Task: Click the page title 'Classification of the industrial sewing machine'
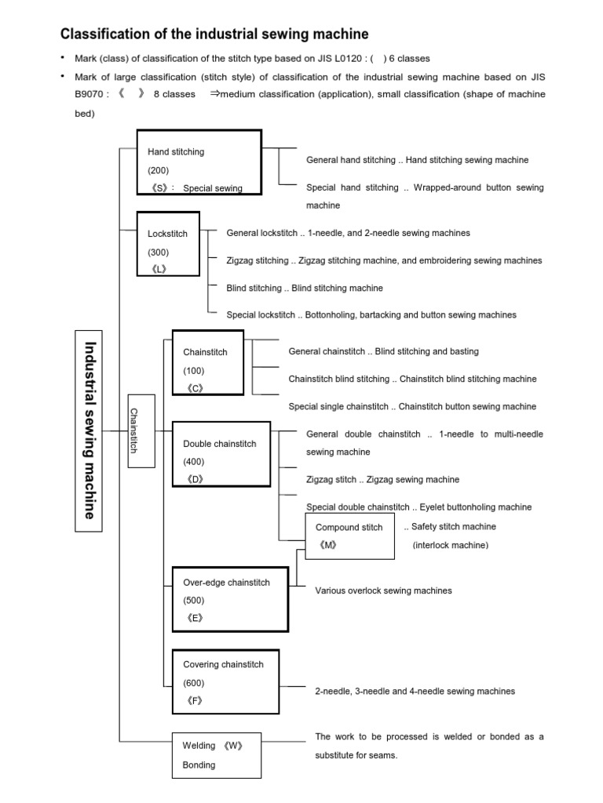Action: pyautogui.click(x=214, y=34)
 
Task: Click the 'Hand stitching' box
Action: pyautogui.click(x=198, y=161)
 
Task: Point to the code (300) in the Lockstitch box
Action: pyautogui.click(x=158, y=252)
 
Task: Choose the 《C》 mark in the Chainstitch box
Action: pyautogui.click(x=196, y=388)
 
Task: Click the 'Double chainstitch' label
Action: pyautogui.click(x=219, y=444)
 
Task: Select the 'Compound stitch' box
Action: pyautogui.click(x=349, y=536)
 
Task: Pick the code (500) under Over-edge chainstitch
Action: pyautogui.click(x=195, y=600)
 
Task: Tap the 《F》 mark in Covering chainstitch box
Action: pyautogui.click(x=195, y=700)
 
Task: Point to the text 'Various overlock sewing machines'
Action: pyautogui.click(x=383, y=590)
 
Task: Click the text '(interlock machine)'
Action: pyautogui.click(x=450, y=545)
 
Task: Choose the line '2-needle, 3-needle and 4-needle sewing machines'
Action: pyautogui.click(x=415, y=691)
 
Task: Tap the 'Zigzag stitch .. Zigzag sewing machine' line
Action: pyautogui.click(x=382, y=479)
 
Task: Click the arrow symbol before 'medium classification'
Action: pyautogui.click(x=214, y=94)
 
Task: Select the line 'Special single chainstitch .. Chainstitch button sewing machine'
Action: pyautogui.click(x=412, y=406)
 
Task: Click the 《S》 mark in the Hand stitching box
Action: pyautogui.click(x=159, y=188)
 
